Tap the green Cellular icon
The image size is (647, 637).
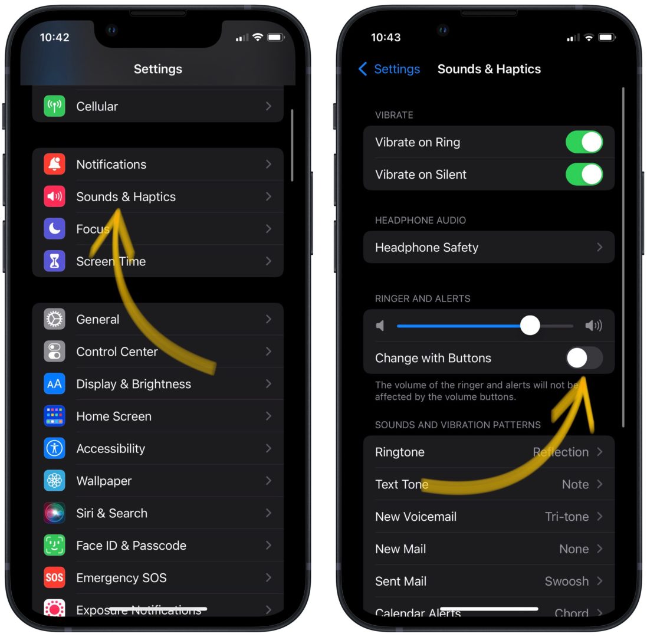pyautogui.click(x=54, y=106)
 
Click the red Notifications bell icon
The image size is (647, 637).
pyautogui.click(x=54, y=164)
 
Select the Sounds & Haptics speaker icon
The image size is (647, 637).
pyautogui.click(x=54, y=196)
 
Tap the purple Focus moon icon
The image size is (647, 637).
pyautogui.click(x=54, y=229)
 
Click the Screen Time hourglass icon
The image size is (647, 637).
pyautogui.click(x=54, y=261)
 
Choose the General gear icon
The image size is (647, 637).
pyautogui.click(x=54, y=319)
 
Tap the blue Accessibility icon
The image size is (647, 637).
pyautogui.click(x=54, y=448)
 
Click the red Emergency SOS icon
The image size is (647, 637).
pyautogui.click(x=54, y=577)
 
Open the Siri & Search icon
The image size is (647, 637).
pyautogui.click(x=54, y=513)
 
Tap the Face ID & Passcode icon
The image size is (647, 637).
pyautogui.click(x=54, y=546)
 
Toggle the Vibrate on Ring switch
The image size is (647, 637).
pyautogui.click(x=584, y=142)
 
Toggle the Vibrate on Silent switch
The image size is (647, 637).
pyautogui.click(x=584, y=175)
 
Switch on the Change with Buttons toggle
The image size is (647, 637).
pyautogui.click(x=584, y=358)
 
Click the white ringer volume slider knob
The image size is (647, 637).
pyautogui.click(x=530, y=326)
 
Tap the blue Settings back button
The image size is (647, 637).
pyautogui.click(x=389, y=69)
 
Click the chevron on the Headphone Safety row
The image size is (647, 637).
pyautogui.click(x=599, y=247)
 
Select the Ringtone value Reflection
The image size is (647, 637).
pyautogui.click(x=560, y=452)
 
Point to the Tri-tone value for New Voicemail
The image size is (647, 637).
pyautogui.click(x=566, y=517)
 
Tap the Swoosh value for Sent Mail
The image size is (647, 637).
pyautogui.click(x=566, y=581)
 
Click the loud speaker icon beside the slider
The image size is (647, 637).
pyautogui.click(x=593, y=326)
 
